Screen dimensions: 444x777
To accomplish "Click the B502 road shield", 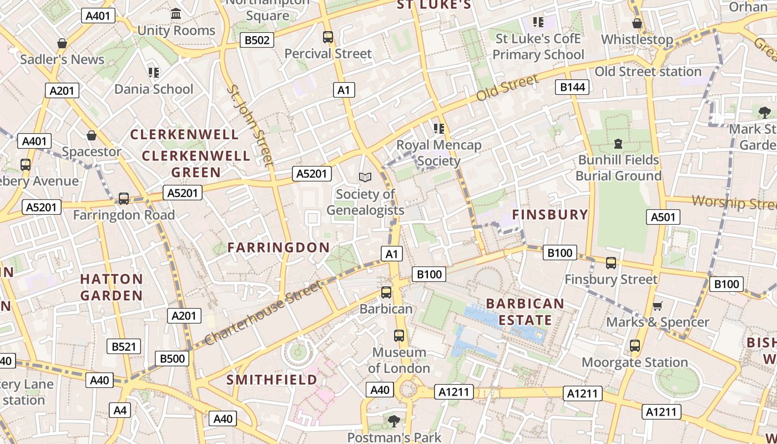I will [257, 40].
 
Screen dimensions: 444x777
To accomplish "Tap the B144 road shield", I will [573, 87].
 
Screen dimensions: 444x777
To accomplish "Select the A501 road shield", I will [663, 217].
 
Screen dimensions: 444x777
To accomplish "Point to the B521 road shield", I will [124, 347].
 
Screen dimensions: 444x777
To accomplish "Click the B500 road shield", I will [172, 359].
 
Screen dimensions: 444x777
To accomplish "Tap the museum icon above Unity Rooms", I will [176, 13].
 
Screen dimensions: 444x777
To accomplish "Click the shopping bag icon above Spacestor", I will [92, 135].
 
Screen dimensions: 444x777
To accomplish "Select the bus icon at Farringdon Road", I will [124, 199].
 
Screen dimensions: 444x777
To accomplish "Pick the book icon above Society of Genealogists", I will [365, 178].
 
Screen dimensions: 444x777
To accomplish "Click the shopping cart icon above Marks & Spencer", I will [658, 306].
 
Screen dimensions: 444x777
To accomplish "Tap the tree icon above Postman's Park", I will [394, 421].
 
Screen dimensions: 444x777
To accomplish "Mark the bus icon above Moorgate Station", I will [635, 346].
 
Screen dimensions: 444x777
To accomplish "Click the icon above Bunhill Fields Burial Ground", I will [618, 144].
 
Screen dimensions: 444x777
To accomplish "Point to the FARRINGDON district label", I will [279, 248].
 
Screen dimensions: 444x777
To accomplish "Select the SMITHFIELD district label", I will [272, 380].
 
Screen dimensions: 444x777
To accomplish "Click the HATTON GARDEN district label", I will [112, 287].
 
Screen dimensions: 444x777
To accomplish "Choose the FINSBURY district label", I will [549, 215].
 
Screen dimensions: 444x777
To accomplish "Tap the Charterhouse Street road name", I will [263, 313].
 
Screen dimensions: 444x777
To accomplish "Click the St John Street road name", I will [250, 125].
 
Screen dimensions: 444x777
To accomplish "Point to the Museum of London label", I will [398, 360].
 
